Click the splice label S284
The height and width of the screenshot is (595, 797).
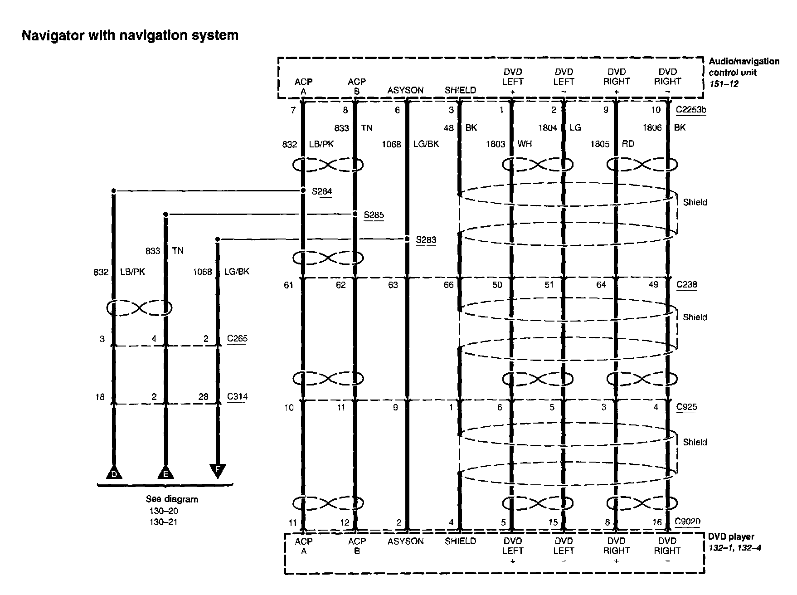(321, 191)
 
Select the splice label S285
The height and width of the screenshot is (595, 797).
(374, 215)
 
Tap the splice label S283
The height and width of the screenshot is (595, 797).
(426, 239)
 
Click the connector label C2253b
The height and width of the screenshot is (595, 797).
(690, 110)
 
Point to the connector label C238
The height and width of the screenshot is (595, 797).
(686, 285)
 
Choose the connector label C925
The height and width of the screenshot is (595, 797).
(686, 407)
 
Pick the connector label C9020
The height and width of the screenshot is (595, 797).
(687, 522)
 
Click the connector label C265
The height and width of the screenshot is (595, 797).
(237, 338)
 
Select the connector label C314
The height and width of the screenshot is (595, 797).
(237, 397)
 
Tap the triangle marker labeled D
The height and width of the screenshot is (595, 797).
(114, 473)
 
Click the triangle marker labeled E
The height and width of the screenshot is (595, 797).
(165, 473)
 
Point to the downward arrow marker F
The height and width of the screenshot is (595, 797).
(218, 470)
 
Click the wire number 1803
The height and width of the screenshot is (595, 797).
(496, 144)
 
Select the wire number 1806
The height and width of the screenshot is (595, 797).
(652, 128)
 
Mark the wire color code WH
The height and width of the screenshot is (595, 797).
(525, 144)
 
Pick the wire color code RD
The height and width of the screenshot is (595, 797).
(628, 144)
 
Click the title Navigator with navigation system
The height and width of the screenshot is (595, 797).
(130, 35)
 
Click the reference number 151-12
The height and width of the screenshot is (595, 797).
(724, 84)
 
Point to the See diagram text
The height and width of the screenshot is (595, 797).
(172, 499)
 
